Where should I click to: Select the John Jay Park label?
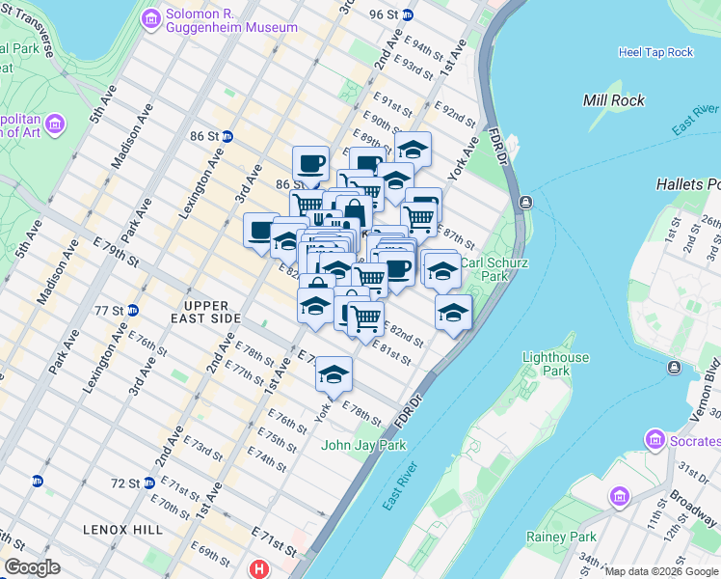coord(363,445)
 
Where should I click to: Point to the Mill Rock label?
coord(614,100)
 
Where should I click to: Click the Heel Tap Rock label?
coord(655,52)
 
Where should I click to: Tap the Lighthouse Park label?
coord(555,364)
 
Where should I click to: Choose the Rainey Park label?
coord(561,537)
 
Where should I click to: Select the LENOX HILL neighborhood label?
coord(113,530)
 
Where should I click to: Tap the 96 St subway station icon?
coord(408,14)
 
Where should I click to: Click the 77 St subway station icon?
coord(133,311)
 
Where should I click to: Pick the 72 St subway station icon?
coord(149,482)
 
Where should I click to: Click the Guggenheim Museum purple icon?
coord(150,19)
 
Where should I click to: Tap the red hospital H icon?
coord(258,569)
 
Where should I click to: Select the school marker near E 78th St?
coord(334,373)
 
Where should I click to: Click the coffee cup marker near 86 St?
coord(310,162)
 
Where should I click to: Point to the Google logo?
coord(32,567)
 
